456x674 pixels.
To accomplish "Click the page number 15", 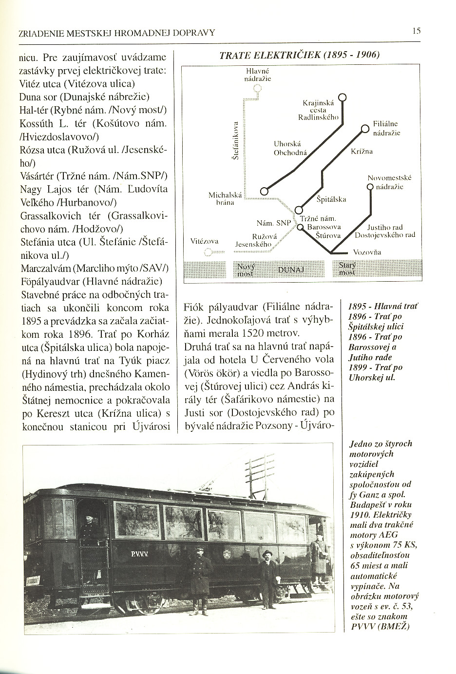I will pos(416,31).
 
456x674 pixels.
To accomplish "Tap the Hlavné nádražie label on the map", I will pos(258,74).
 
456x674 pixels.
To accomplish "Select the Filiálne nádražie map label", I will pos(386,129).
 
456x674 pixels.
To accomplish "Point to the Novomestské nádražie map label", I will pos(389,182).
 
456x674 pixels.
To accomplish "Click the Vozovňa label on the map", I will pos(366,252).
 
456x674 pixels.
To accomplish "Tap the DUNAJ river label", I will pos(291,269).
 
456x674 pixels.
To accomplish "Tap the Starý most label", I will pos(347,269).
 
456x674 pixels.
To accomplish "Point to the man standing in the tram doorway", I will pos(89,529).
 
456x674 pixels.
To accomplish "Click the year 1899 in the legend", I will pos(357,367).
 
